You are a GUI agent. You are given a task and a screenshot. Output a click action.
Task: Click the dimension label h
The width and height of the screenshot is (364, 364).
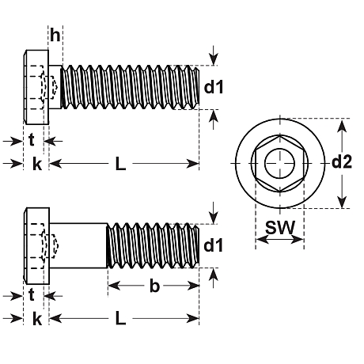(x=55, y=35)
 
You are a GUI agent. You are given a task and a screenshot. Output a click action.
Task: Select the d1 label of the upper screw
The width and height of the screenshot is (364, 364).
(x=214, y=87)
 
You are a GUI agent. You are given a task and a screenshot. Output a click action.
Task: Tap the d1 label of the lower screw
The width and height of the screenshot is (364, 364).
(x=214, y=245)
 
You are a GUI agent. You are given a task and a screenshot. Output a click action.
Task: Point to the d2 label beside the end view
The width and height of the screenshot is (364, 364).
(x=342, y=162)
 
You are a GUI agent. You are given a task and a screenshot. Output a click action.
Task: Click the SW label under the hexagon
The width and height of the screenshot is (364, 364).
(x=280, y=227)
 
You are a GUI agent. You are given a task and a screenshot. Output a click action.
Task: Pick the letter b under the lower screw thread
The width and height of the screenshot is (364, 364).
(x=154, y=286)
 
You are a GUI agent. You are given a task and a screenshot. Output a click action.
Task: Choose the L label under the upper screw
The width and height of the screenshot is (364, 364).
(x=120, y=164)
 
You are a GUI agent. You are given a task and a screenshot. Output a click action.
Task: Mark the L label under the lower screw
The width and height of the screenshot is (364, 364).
(x=120, y=318)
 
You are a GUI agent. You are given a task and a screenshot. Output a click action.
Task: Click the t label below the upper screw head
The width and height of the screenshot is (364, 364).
(x=32, y=140)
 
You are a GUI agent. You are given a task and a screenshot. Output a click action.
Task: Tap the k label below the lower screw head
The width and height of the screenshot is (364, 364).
(x=37, y=319)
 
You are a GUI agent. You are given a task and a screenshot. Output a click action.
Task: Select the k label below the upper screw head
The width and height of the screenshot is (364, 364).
(x=37, y=164)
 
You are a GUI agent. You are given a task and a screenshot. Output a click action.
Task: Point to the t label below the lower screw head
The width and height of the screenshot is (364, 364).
(x=32, y=294)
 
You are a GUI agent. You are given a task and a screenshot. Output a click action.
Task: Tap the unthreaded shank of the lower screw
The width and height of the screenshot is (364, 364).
(x=78, y=245)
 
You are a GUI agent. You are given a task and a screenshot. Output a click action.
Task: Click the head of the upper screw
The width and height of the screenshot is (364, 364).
(x=36, y=87)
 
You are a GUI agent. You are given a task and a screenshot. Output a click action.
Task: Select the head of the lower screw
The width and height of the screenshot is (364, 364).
(x=37, y=246)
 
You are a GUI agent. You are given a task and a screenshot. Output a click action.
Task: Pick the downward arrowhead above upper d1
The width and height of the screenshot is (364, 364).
(x=214, y=59)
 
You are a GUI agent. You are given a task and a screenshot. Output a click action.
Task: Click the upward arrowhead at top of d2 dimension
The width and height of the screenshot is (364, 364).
(x=342, y=125)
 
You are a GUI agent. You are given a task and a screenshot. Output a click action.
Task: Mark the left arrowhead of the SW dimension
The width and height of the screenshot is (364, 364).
(x=263, y=240)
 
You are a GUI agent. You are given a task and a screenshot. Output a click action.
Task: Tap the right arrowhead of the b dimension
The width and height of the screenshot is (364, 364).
(x=193, y=286)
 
